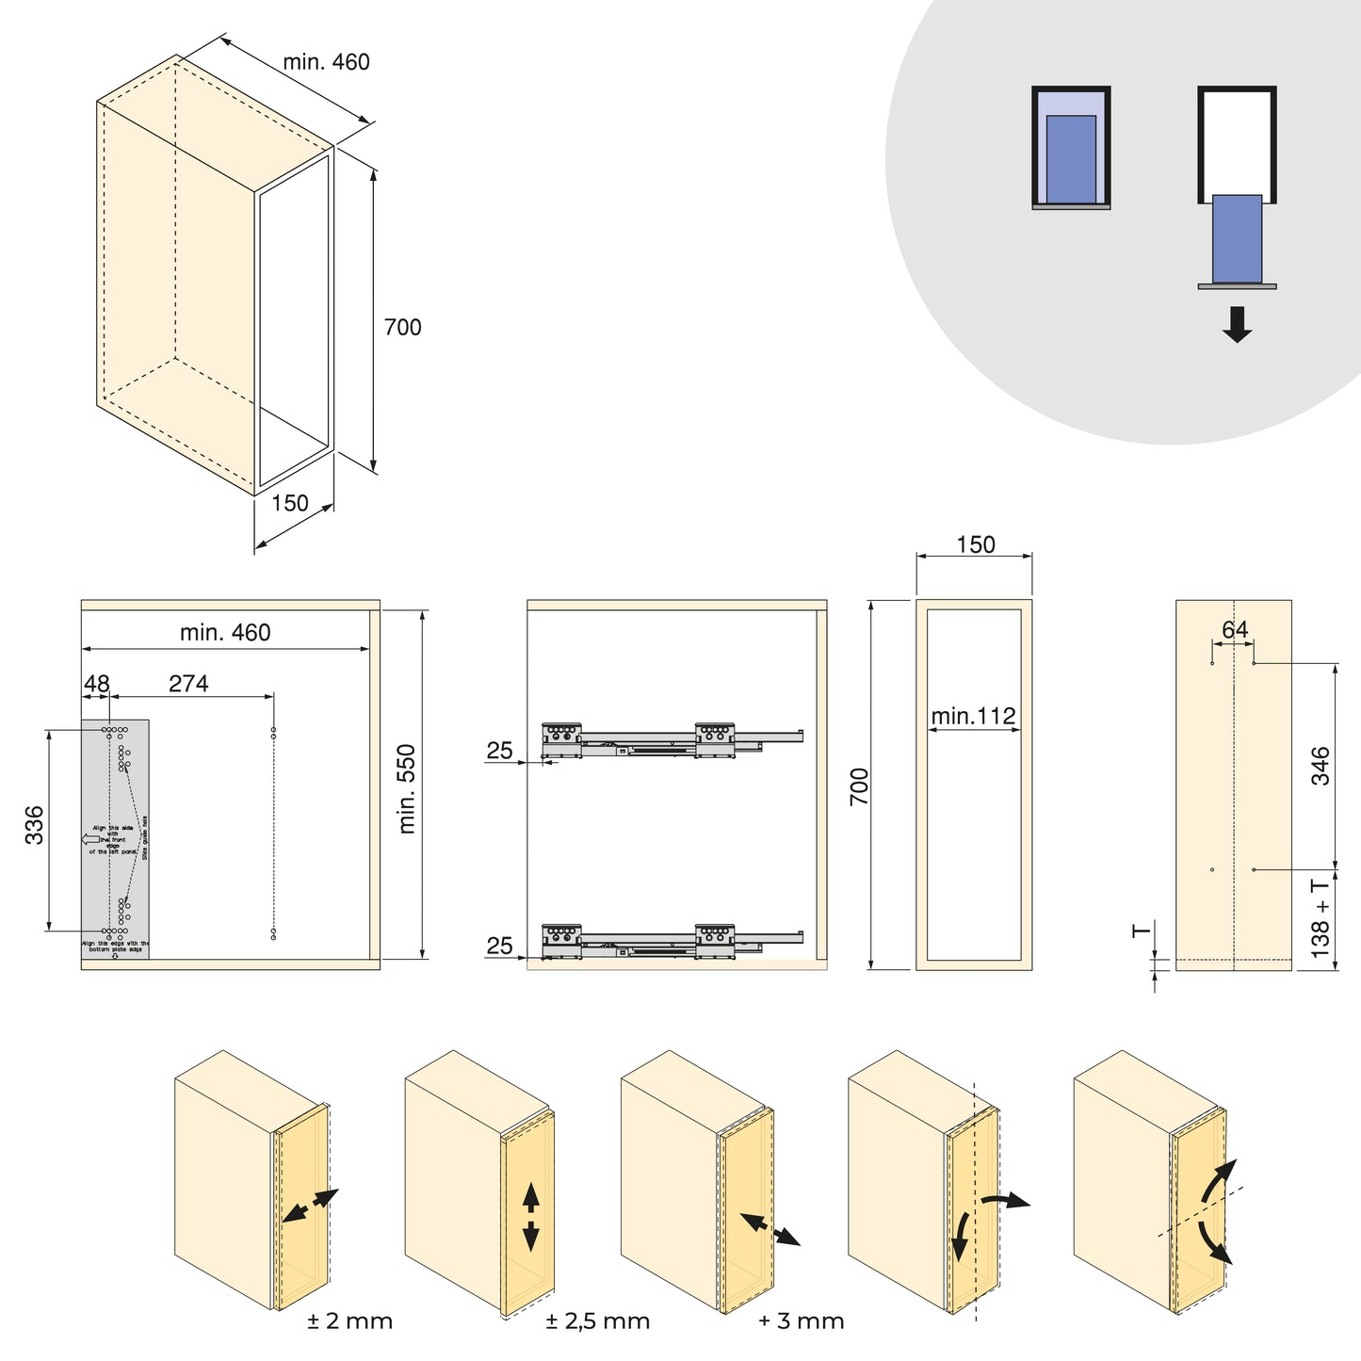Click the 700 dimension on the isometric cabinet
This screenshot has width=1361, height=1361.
402,327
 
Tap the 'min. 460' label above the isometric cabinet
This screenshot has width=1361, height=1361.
326,62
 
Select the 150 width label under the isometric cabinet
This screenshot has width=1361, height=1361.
290,503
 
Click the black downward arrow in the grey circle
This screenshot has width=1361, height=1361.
1237,323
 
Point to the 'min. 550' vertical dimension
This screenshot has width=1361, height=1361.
407,788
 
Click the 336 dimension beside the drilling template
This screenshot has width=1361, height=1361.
34,824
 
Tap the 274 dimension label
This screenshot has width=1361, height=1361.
188,684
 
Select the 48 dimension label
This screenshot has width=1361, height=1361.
96,684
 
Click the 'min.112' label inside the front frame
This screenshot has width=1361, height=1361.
973,716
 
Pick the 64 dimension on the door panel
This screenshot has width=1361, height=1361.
1234,629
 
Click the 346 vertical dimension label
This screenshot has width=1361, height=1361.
1320,765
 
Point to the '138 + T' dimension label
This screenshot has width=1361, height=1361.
1320,917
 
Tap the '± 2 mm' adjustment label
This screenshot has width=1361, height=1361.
349,1321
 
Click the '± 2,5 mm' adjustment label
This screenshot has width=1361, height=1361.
597,1321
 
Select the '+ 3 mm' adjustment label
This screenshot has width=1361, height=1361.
801,1321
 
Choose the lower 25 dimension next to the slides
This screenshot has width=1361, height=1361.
499,945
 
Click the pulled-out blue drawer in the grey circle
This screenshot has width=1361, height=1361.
1237,238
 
